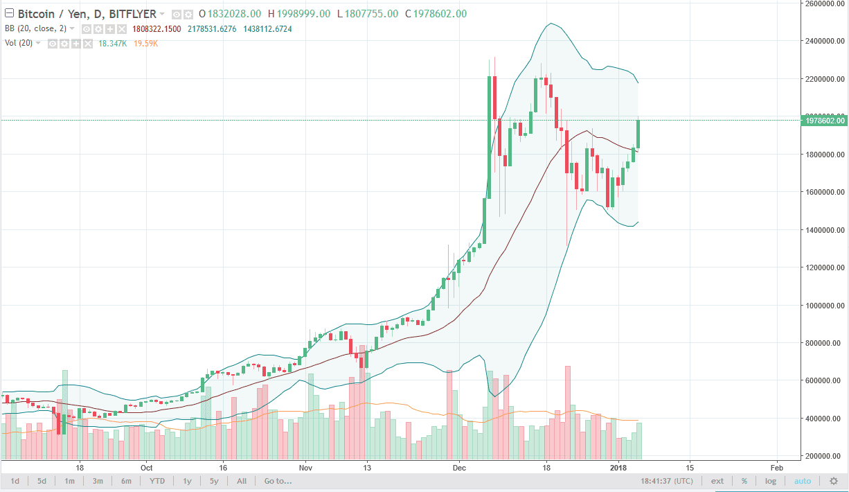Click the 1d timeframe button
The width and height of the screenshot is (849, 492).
15,481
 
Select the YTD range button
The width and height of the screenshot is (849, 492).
157,481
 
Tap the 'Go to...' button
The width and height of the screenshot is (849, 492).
278,481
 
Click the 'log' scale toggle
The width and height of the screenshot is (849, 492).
770,481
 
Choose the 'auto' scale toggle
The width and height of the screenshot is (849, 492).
802,481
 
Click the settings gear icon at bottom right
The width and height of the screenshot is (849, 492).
834,481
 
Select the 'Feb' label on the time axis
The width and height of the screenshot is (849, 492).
776,467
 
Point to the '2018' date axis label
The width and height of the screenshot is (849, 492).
620,467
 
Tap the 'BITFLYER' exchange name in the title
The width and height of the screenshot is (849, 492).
133,14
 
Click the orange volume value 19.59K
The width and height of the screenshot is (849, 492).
147,43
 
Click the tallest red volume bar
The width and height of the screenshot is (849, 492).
568,412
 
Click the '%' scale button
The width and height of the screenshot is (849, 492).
744,481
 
